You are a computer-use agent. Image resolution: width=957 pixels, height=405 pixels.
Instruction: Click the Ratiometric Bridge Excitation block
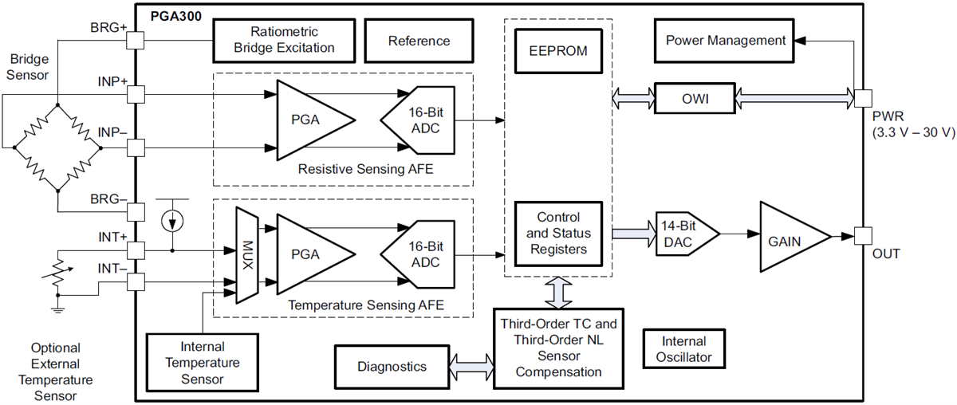(x=284, y=41)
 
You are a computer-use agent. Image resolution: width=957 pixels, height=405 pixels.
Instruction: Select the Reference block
(x=419, y=41)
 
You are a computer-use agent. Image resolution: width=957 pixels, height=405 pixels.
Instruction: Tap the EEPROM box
(x=558, y=51)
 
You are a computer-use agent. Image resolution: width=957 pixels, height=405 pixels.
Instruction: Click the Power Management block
(x=725, y=41)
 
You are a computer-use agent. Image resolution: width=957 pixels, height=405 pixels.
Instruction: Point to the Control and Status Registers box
(x=558, y=233)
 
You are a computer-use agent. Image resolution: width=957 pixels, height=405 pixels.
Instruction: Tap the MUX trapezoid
(x=247, y=255)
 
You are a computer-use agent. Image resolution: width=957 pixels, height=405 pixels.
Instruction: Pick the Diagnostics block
(x=392, y=367)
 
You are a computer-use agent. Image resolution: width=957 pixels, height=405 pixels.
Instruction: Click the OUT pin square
(x=861, y=236)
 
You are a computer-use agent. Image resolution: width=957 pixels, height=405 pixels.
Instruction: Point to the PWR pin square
(x=861, y=98)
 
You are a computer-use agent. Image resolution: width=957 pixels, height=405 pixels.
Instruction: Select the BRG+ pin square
(x=135, y=41)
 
